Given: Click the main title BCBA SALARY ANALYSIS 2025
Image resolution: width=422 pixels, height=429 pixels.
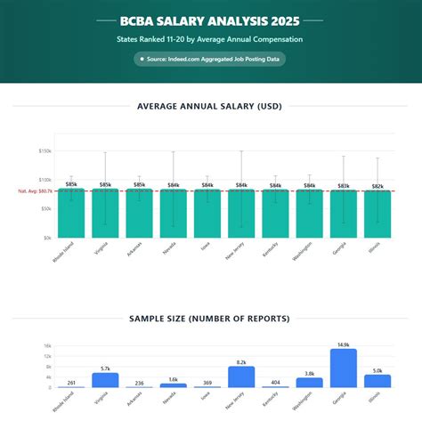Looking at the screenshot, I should pos(210,20).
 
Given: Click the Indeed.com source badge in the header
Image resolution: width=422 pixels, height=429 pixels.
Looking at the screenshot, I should pos(210,59).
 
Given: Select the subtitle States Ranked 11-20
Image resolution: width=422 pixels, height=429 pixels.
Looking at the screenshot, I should pos(210,40).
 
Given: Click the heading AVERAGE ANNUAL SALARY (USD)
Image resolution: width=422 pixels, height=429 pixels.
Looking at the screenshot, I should pos(210,107).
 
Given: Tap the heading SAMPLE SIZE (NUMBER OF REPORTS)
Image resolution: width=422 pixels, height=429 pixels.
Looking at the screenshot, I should pos(210,318).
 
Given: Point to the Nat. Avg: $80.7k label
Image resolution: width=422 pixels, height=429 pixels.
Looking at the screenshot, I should pos(35,191).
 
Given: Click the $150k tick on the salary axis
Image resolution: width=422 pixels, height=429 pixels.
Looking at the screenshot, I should pos(45,151).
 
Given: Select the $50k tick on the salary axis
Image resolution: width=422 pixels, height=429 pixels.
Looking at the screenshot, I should pos(45,209).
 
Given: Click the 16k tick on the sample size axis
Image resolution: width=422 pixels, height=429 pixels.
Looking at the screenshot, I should pos(47,345).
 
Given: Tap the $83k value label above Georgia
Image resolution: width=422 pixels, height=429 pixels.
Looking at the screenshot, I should pos(344,185).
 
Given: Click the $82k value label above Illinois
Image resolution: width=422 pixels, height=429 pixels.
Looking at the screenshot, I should pos(377,186).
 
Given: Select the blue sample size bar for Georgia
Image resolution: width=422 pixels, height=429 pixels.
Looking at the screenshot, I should pos(344,368).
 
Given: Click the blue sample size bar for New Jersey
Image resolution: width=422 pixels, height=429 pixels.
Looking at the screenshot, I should pos(241,377).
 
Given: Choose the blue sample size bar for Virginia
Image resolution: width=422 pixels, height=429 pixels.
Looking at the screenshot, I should pos(105,380).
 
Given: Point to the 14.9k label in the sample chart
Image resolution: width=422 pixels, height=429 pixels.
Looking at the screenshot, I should pos(344,344).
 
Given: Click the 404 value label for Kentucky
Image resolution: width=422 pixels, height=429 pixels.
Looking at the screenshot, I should pos(275,382).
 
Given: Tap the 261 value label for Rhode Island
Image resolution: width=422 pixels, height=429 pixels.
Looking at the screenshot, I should pos(71,383).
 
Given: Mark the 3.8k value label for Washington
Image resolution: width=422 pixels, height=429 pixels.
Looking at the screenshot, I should pos(309,374).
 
